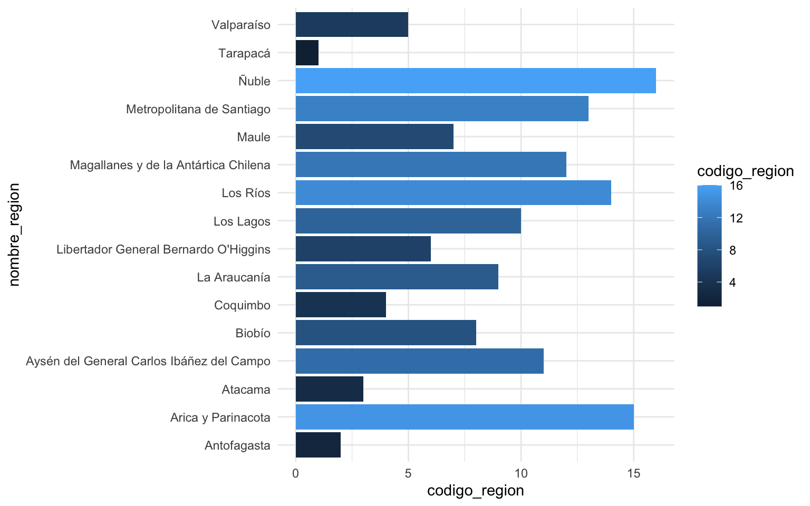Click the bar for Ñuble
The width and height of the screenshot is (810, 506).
pos(475,81)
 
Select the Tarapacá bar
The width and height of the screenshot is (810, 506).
pos(307,53)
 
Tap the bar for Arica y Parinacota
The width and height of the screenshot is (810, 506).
pos(464,417)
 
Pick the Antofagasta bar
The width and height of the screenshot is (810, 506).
pos(318,445)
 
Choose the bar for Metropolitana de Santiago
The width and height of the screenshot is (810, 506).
pos(441,109)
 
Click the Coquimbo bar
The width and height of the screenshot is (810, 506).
pos(341,305)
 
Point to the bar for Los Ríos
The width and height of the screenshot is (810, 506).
pos(453,192)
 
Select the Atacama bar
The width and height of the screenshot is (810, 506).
pos(329,389)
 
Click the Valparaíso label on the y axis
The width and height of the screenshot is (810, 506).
pos(240,25)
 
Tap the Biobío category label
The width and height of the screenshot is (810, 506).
pos(253,333)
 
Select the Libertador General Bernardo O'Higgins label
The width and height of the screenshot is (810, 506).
pos(163,249)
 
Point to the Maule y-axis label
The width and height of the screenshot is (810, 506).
pos(254,137)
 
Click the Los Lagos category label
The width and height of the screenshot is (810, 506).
pos(242,221)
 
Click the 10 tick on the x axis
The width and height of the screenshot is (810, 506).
pos(520,473)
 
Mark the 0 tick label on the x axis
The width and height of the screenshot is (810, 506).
pos(295,473)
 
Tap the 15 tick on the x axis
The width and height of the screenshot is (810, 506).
pos(633,473)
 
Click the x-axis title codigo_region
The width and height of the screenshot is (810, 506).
pos(475,491)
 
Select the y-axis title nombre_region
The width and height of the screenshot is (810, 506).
pos(14,235)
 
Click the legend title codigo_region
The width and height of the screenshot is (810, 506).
pos(745,171)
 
